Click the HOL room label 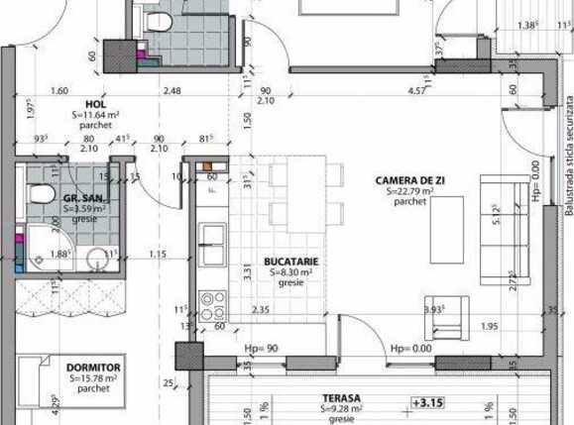(96, 103)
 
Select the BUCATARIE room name (288, 261)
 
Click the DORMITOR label (94, 368)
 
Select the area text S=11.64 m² (96, 115)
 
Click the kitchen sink (212, 236)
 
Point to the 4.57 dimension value (416, 91)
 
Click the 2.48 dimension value (173, 91)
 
